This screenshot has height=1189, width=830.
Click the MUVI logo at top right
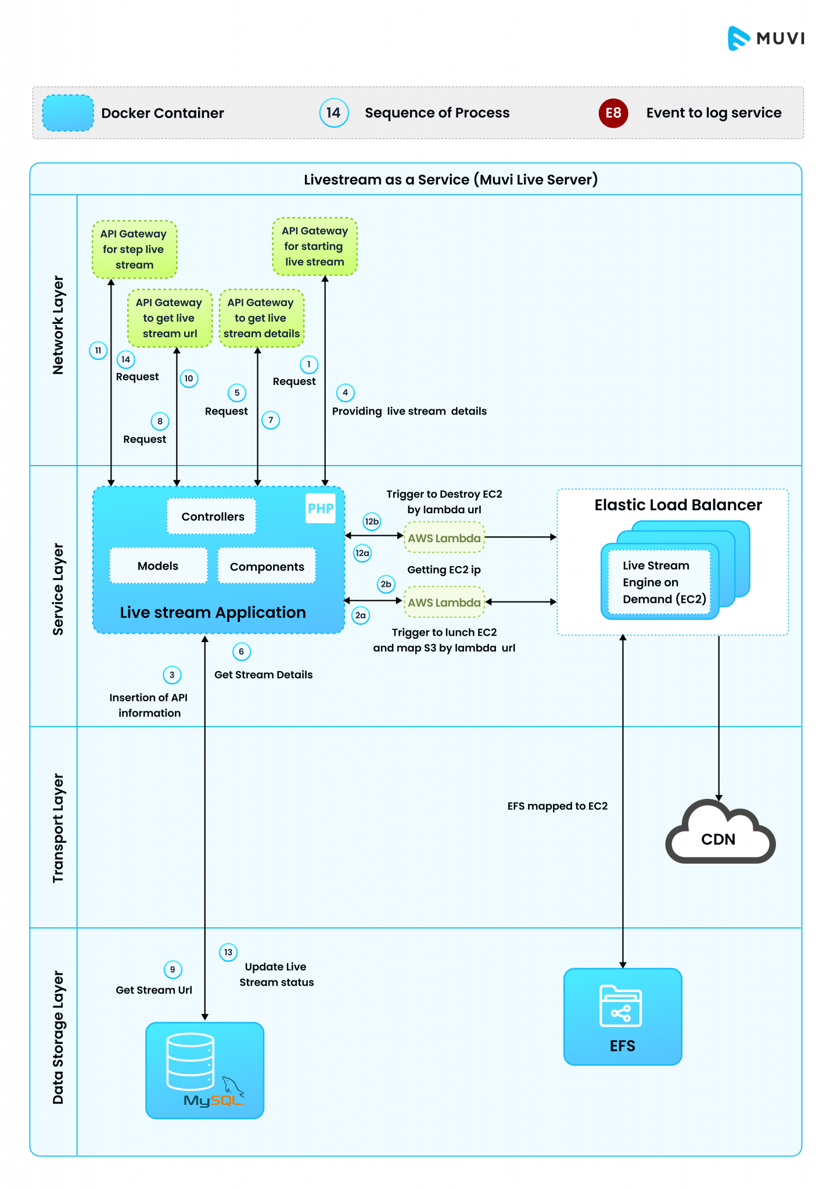tap(766, 38)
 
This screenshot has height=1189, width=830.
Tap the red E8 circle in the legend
tap(613, 113)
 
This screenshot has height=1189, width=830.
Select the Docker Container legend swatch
tap(68, 113)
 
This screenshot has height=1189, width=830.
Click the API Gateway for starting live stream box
tap(315, 246)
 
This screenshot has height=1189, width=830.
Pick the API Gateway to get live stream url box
tap(170, 318)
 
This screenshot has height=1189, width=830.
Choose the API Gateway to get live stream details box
tap(261, 318)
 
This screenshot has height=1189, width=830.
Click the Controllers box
tap(212, 516)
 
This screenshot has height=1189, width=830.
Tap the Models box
tap(158, 565)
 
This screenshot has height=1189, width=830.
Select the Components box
tap(267, 566)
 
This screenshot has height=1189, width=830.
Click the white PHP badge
tap(321, 508)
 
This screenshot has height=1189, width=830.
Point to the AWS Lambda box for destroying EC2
tap(444, 538)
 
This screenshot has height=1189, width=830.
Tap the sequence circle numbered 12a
tap(362, 553)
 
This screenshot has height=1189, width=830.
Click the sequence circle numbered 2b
tap(386, 584)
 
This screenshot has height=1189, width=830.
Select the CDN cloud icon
tap(719, 834)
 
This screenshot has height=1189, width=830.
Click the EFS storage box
tap(623, 1017)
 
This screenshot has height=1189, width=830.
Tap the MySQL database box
tap(204, 1070)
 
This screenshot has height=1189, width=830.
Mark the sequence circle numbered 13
tap(228, 952)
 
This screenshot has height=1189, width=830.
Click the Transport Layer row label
tap(58, 827)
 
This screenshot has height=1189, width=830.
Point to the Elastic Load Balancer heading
tap(678, 505)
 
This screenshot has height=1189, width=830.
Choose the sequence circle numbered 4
tap(345, 392)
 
